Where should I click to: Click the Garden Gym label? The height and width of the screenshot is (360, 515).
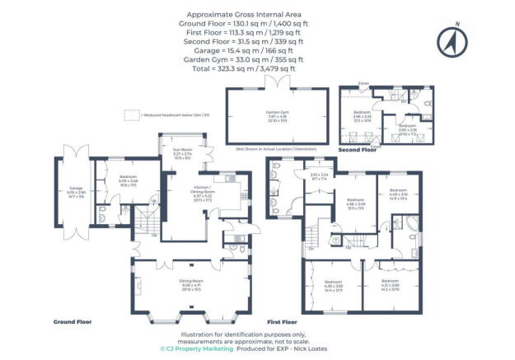273,115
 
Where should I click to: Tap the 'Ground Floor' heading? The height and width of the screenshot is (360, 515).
73,322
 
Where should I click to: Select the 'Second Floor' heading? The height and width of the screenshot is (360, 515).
358,151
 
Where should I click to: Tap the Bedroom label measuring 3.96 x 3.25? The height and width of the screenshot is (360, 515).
363,113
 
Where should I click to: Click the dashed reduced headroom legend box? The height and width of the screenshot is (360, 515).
130,115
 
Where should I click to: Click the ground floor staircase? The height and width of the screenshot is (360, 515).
145,222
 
